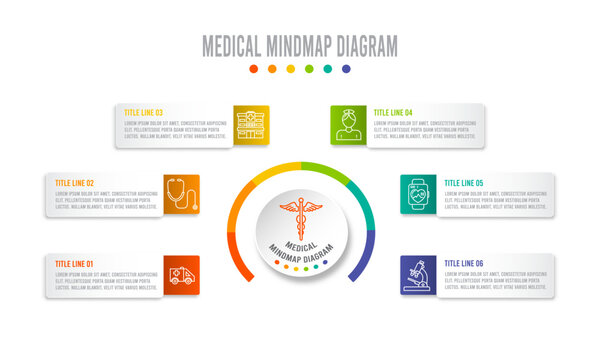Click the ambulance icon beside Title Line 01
click(x=182, y=276)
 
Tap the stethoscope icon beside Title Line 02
click(x=182, y=194)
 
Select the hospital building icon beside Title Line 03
click(x=251, y=125)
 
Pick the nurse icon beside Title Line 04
click(x=349, y=125)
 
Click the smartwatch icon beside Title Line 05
click(x=419, y=194)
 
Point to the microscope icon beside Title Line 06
click(x=419, y=276)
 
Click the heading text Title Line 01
click(x=75, y=264)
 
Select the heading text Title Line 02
click(x=75, y=183)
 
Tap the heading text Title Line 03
click(x=144, y=113)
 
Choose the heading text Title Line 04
click(x=393, y=113)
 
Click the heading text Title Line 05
click(x=464, y=183)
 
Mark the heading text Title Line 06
click(x=464, y=264)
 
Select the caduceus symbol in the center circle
click(x=300, y=214)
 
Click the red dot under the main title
click(x=253, y=69)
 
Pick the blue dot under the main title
click(x=346, y=69)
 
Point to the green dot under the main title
click(x=309, y=69)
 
